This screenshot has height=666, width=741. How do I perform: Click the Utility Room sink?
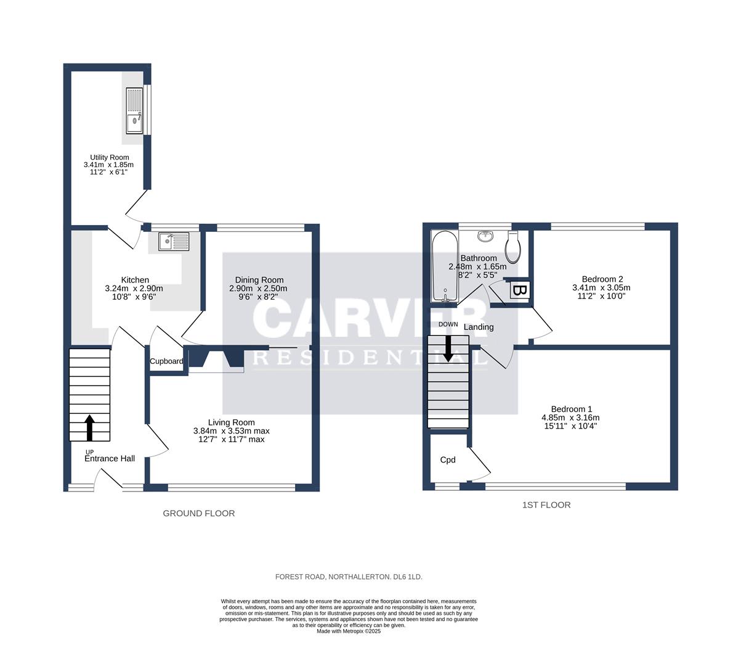click(x=134, y=110)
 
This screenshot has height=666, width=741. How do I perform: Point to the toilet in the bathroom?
click(x=513, y=247)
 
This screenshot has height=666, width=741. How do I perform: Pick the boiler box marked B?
click(x=519, y=289)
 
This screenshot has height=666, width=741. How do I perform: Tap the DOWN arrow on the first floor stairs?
click(x=448, y=348)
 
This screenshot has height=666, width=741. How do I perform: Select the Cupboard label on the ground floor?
click(x=167, y=361)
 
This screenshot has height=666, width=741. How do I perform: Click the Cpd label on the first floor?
click(x=448, y=459)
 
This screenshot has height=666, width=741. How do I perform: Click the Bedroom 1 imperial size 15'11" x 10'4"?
click(x=571, y=425)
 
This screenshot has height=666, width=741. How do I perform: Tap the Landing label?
click(x=479, y=327)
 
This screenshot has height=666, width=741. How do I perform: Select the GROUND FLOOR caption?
click(x=198, y=513)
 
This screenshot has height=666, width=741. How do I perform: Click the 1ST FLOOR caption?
click(x=546, y=505)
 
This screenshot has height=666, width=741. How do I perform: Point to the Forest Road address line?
click(x=349, y=577)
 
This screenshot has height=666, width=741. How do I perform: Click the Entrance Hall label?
click(x=110, y=459)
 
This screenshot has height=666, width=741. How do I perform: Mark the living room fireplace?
click(x=215, y=360)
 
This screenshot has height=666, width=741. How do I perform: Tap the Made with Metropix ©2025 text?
click(x=349, y=631)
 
